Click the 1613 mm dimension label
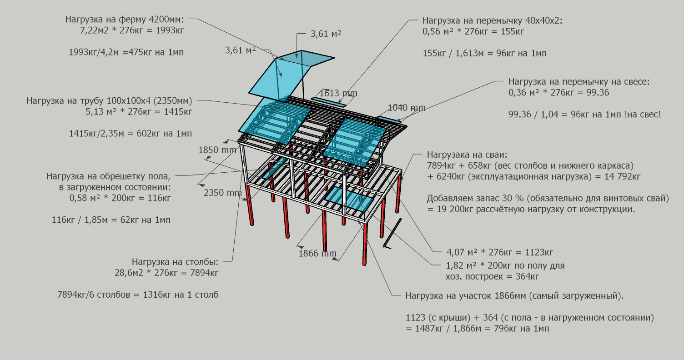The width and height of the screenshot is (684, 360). pos(338,93)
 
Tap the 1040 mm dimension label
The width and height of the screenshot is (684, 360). pos(407,108)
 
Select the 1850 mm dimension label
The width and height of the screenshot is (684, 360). pos(217,150)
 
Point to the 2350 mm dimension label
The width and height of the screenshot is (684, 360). pos(222,193)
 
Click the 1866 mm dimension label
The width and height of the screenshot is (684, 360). pos(317,254)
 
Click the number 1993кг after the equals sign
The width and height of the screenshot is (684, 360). pos(170,30)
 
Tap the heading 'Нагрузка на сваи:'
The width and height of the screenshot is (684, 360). pos(467,155)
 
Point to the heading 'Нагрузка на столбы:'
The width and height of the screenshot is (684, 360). pos(175,262)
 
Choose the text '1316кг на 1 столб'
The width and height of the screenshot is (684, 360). pos(181,295)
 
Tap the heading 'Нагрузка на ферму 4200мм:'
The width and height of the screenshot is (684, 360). pos(125,20)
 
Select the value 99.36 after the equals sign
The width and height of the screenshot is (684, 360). pos(598,92)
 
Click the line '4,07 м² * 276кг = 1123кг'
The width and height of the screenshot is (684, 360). pos(499,252)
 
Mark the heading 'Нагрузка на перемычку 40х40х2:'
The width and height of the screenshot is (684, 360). pos(492,21)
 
